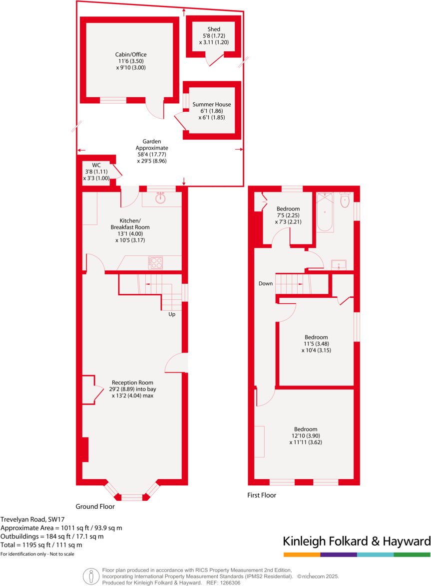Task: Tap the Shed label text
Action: (x=214, y=29)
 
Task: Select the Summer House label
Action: (x=212, y=104)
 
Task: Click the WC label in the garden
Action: (x=96, y=165)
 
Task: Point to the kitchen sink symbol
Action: (x=160, y=198)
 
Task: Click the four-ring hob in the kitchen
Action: (x=156, y=262)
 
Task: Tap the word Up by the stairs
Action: (x=171, y=314)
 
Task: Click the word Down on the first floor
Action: (x=266, y=283)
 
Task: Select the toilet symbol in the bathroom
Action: (x=344, y=201)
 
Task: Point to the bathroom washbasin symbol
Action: (x=340, y=264)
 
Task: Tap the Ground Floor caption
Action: (x=95, y=506)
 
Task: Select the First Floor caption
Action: (x=262, y=495)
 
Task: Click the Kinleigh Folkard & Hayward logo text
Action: (x=357, y=542)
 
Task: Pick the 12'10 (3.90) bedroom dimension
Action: (x=305, y=436)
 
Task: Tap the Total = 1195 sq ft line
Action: (x=41, y=545)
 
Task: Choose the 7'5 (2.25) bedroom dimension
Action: (x=288, y=215)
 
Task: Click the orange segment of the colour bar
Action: (x=302, y=555)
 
